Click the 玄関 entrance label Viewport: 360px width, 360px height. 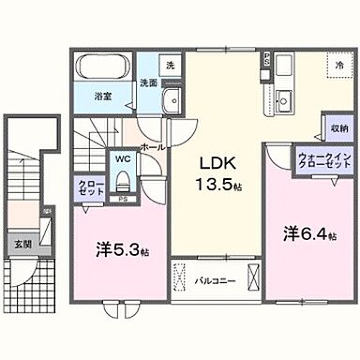click(x=21, y=245)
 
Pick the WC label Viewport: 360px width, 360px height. click(x=123, y=160)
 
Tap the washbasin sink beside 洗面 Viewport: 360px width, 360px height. click(x=170, y=103)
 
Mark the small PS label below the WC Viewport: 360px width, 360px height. click(x=123, y=200)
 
